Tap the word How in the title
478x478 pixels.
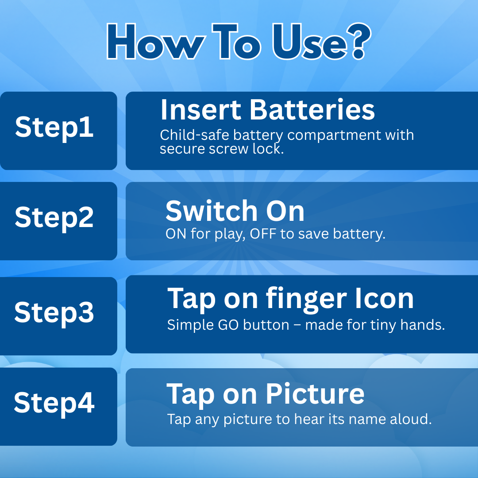click(x=156, y=42)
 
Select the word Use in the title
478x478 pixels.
click(x=309, y=42)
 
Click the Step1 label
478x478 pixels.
click(x=54, y=128)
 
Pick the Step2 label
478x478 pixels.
click(x=54, y=218)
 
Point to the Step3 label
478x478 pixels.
click(x=54, y=313)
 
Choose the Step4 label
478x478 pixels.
click(x=54, y=404)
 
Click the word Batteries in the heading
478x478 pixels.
click(x=312, y=110)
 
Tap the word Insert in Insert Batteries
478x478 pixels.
click(x=201, y=110)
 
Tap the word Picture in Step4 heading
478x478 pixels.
click(x=315, y=394)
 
